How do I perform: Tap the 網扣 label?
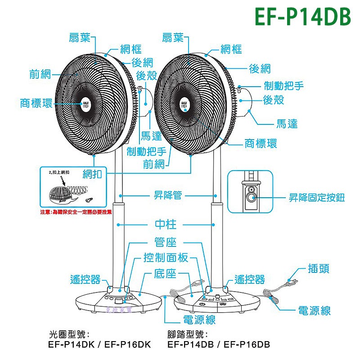click(x=92, y=174)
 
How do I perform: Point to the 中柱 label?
click(x=165, y=224)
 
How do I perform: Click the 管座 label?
click(x=165, y=243)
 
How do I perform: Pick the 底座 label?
click(x=165, y=273)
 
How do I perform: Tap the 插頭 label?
click(x=319, y=269)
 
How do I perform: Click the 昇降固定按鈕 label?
click(x=317, y=197)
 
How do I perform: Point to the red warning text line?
click(x=76, y=211)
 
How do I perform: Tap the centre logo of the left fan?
click(x=86, y=102)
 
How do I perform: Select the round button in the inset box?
click(x=250, y=196)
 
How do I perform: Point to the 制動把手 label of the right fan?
click(x=284, y=85)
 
